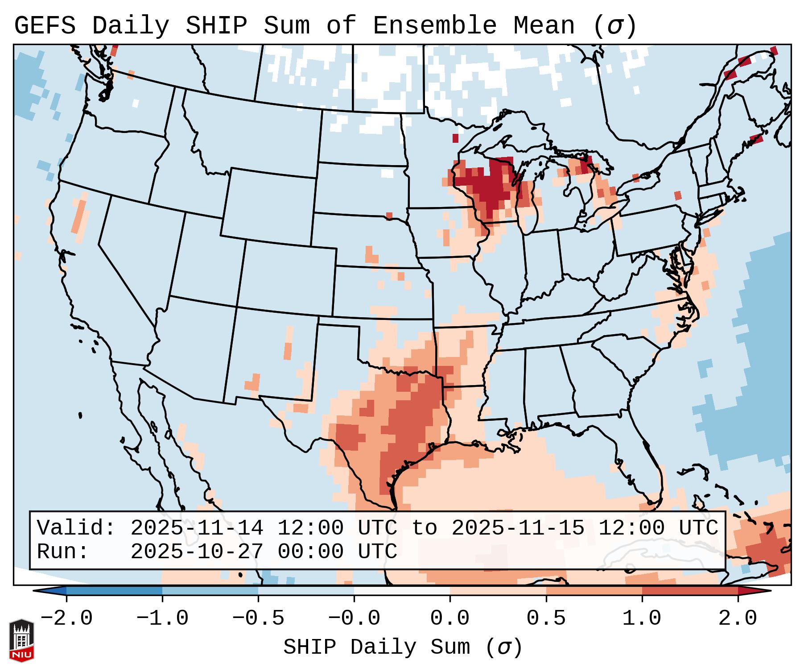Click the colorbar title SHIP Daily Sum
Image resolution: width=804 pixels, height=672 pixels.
[x=402, y=647]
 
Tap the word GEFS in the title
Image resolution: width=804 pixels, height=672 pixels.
[x=45, y=26]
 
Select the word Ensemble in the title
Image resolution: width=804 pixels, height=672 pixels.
[x=434, y=26]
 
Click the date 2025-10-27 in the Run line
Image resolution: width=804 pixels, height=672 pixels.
[x=197, y=552]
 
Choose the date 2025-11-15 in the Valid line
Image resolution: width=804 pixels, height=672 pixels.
[x=518, y=528]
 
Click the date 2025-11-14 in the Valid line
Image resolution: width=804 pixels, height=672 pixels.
[x=197, y=528]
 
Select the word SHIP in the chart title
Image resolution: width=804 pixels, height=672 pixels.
[x=216, y=26]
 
